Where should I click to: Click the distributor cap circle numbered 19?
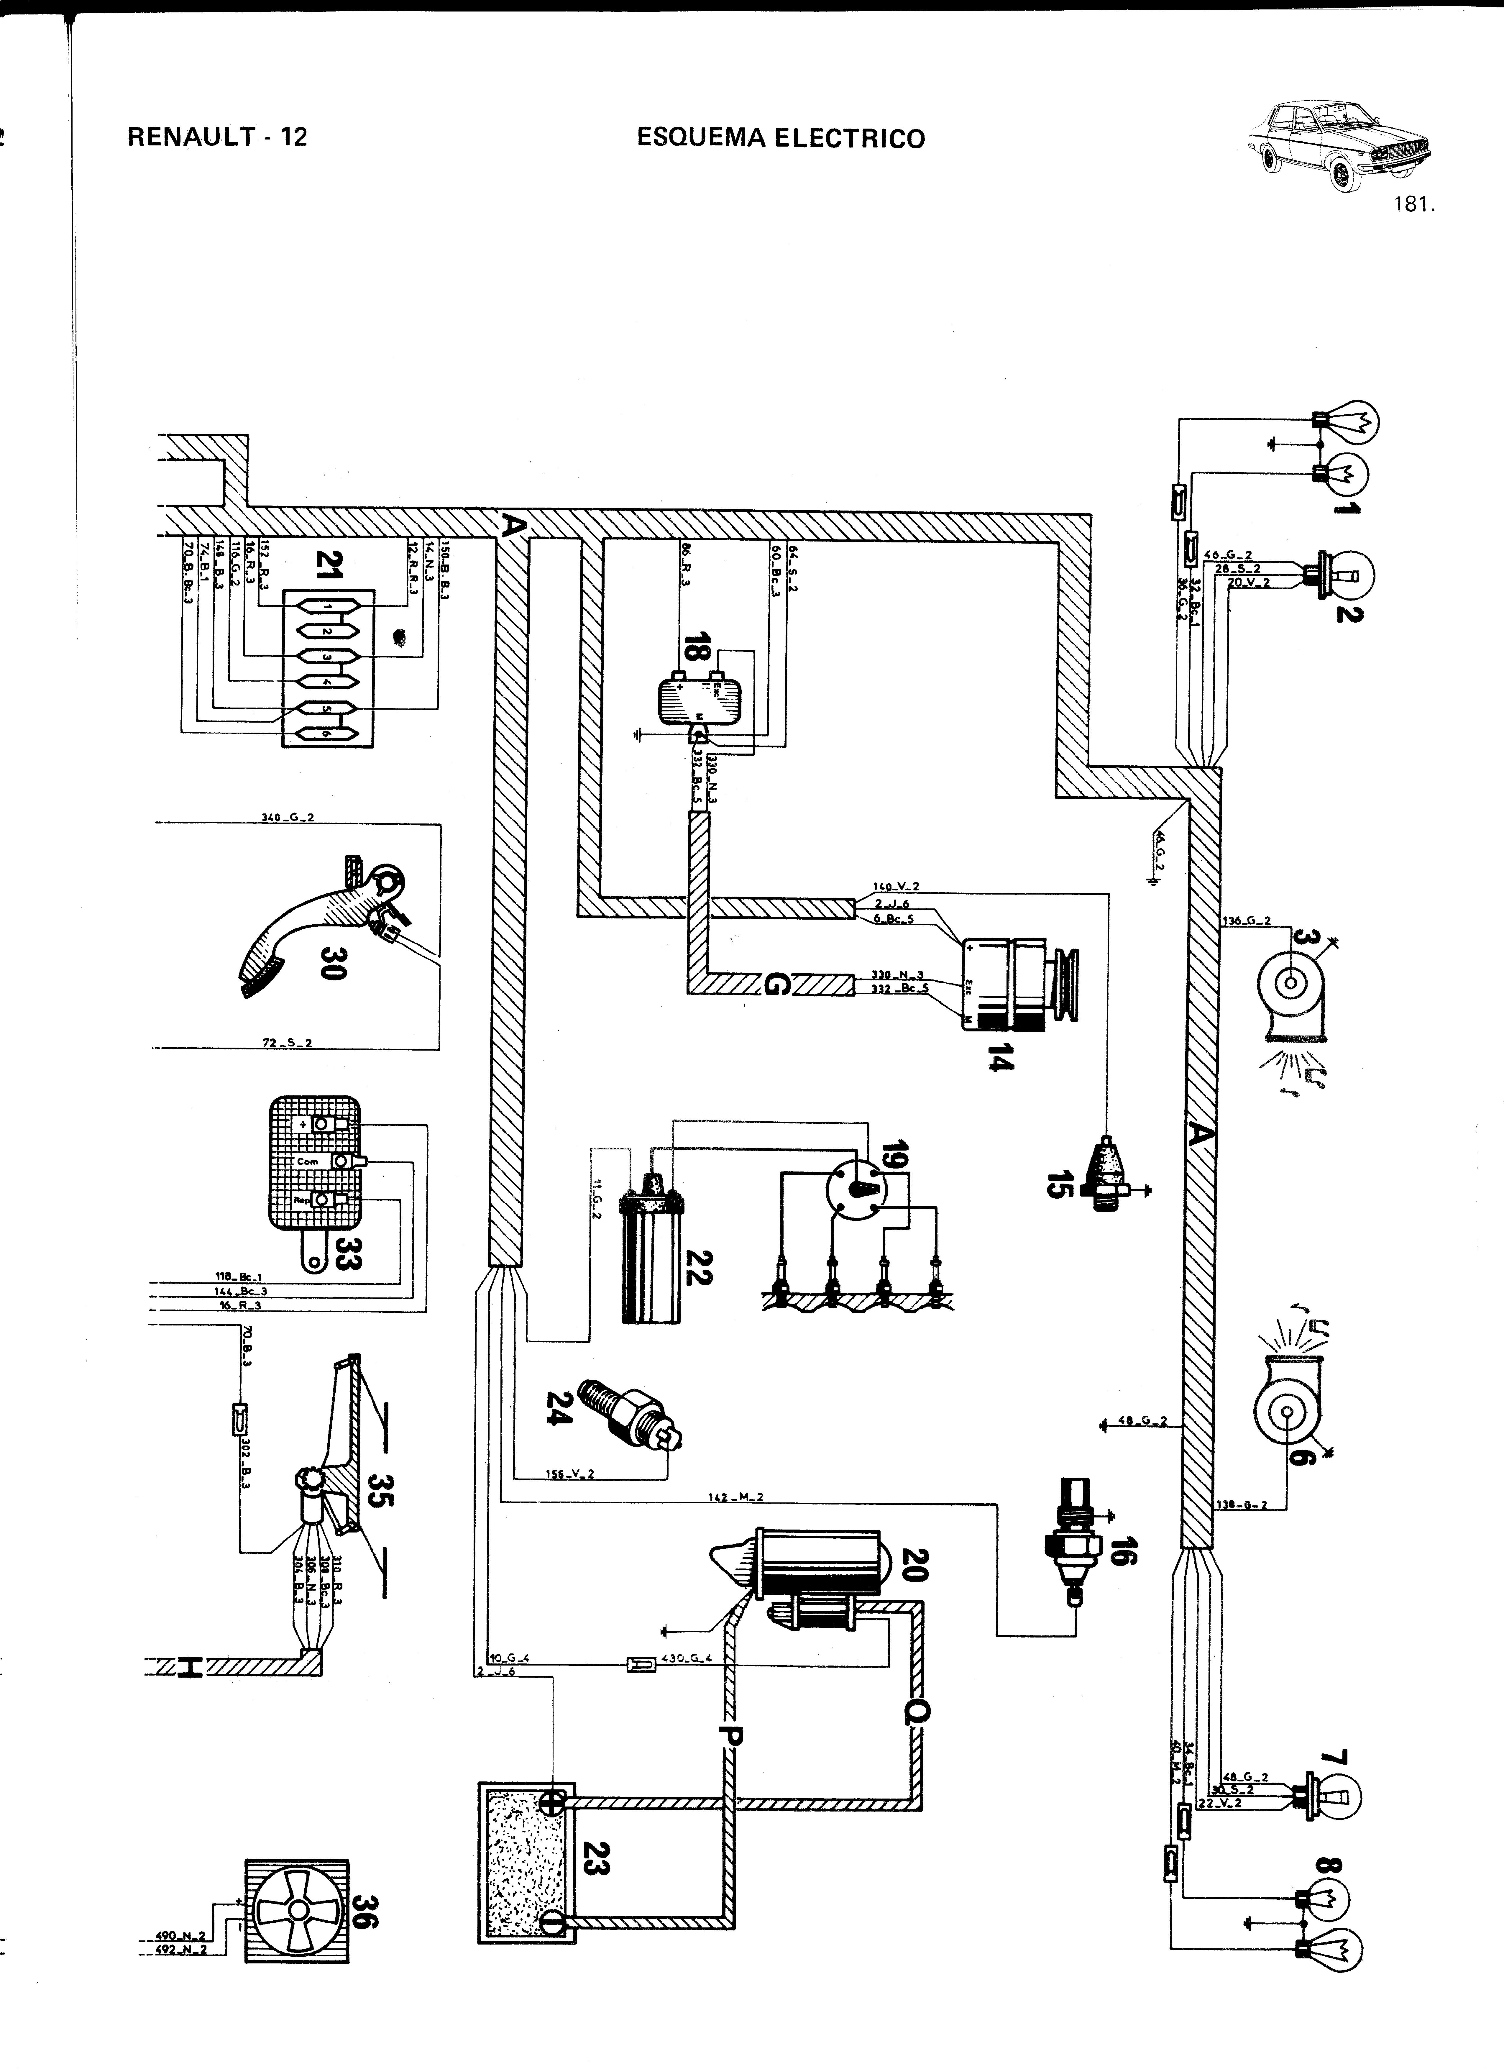(855, 1188)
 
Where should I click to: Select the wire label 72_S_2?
(286, 1042)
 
